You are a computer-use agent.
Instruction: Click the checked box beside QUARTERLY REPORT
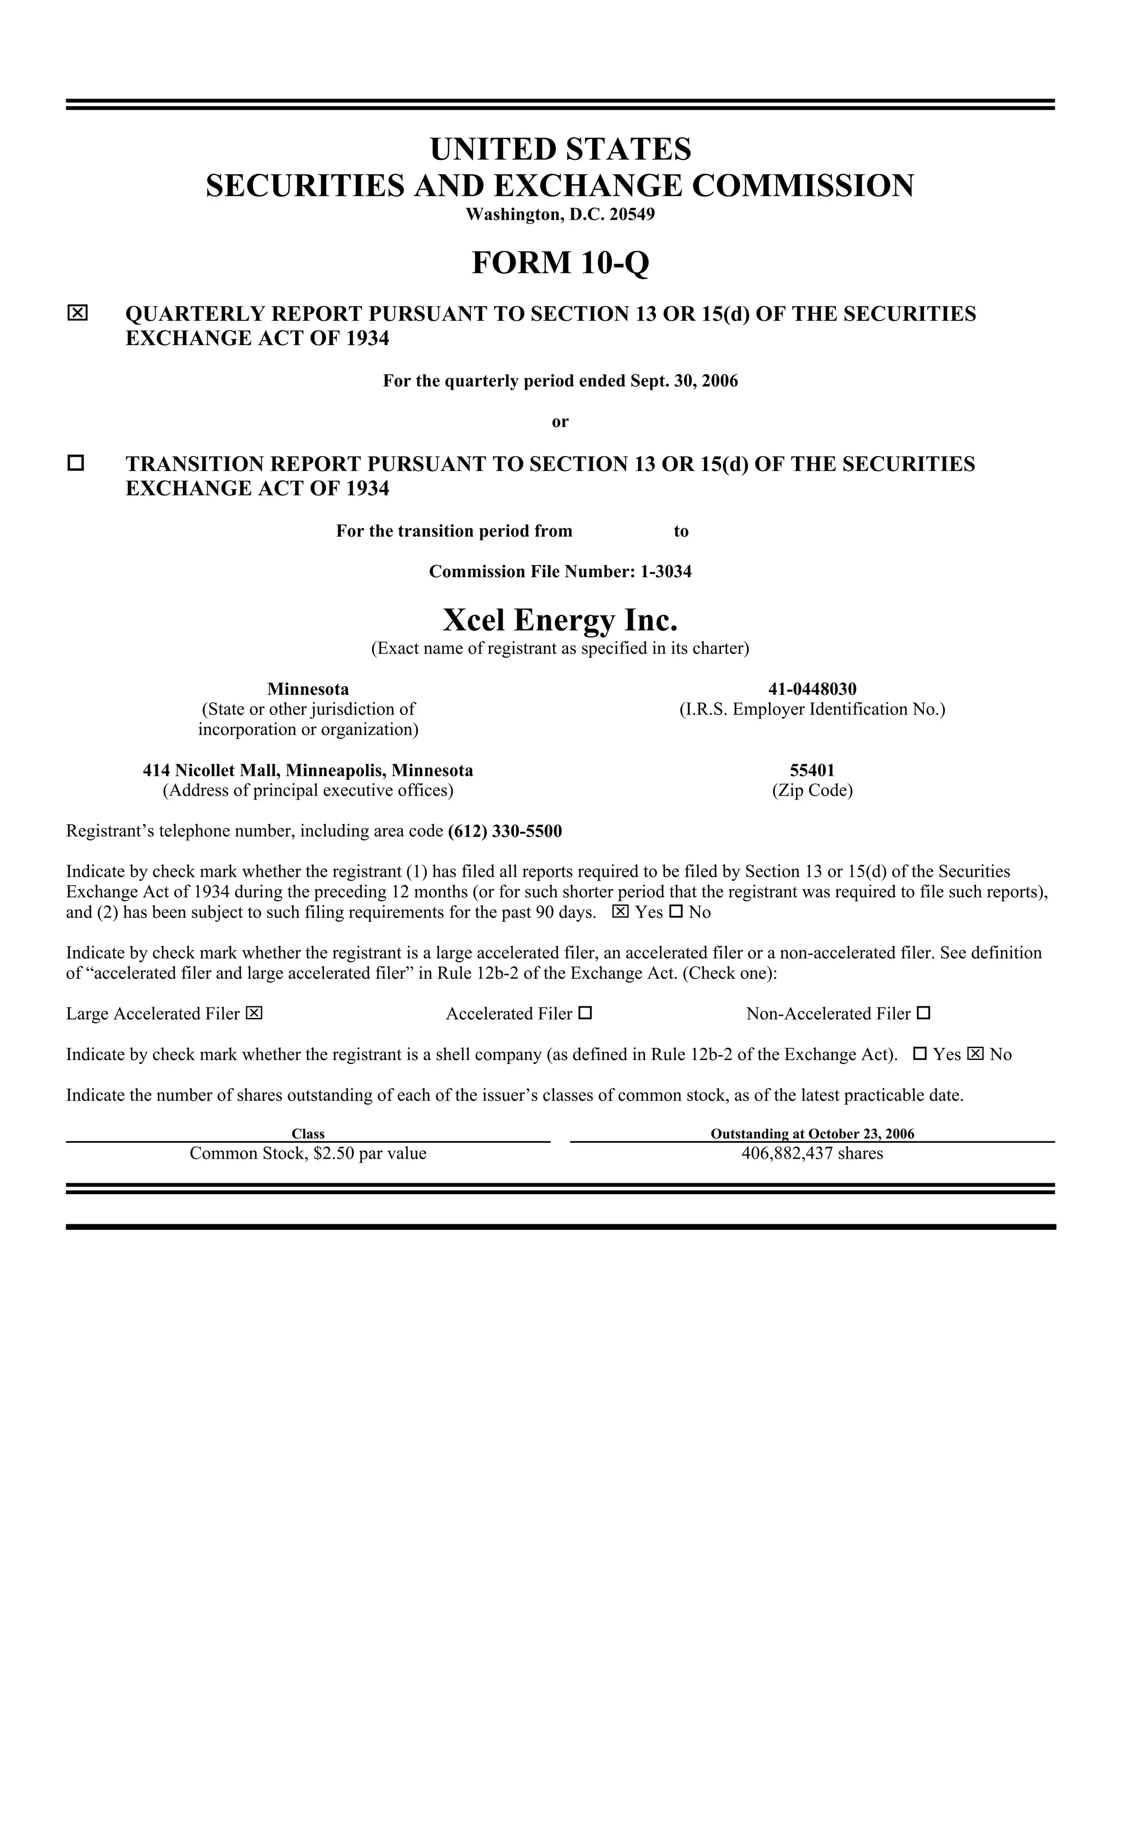77,313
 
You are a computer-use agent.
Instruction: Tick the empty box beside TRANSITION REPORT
76,463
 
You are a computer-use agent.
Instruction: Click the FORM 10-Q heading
560,263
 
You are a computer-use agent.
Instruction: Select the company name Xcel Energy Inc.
560,620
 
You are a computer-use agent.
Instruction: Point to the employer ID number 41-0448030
812,688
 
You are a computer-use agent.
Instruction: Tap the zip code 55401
812,770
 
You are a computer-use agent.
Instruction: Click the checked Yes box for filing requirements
621,912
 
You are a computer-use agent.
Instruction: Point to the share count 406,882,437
787,1153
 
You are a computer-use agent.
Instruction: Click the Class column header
308,1133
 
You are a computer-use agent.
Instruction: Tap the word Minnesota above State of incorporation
308,688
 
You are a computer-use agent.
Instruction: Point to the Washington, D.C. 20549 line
560,215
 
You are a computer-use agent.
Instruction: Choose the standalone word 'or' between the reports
560,421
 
